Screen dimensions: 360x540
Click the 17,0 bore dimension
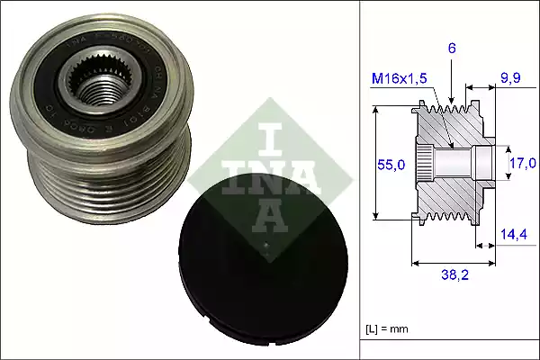[522, 163]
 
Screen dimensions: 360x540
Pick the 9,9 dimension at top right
[510, 79]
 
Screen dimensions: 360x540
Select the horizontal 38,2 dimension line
[450, 264]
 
